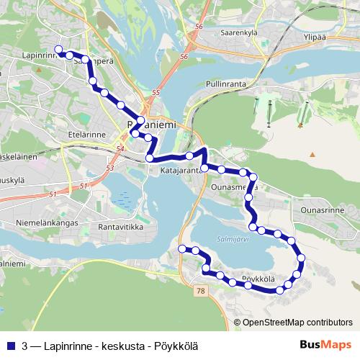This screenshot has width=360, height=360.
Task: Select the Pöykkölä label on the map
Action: click(x=258, y=278)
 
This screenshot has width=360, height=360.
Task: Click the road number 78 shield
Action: click(x=199, y=289)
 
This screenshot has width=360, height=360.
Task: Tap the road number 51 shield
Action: click(x=53, y=195)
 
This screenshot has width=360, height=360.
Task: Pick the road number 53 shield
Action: click(x=109, y=168)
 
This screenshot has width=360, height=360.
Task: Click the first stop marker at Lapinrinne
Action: click(x=59, y=51)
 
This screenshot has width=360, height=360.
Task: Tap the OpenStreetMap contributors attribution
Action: click(x=297, y=322)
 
